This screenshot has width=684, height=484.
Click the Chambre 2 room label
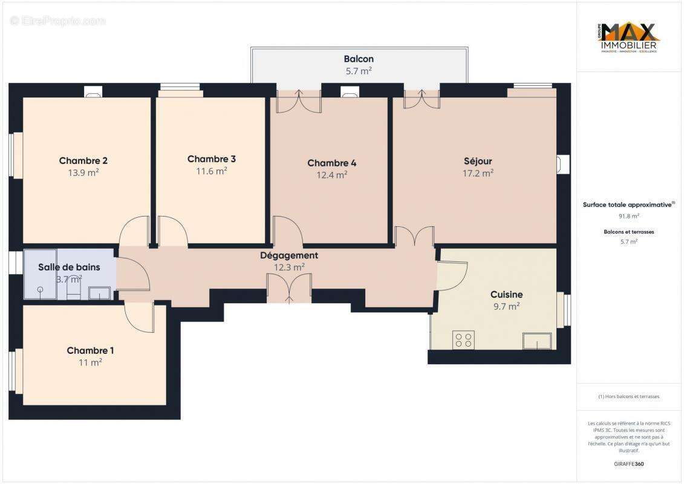coord(83,160)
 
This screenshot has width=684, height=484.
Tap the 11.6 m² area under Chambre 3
coord(212,171)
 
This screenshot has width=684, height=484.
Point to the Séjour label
coord(478,161)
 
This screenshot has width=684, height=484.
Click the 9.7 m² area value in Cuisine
coord(506,307)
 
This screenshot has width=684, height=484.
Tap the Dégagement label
coord(289,255)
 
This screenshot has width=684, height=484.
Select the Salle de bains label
coord(69,267)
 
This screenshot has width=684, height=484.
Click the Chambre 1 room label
coord(90,350)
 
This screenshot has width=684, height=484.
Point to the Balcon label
coord(359,59)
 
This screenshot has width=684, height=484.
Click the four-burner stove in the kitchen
coord(463,340)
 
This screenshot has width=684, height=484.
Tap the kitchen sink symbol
coord(537,342)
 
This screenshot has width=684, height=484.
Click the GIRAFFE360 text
coord(629,464)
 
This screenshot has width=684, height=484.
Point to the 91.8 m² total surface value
coord(629,215)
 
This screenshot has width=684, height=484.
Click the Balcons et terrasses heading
coord(629,232)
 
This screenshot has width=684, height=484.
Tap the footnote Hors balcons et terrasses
coord(629,396)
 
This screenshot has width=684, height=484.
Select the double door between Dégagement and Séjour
coord(414,236)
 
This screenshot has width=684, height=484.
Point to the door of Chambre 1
coord(139,317)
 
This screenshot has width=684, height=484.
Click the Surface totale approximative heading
coord(628,204)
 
